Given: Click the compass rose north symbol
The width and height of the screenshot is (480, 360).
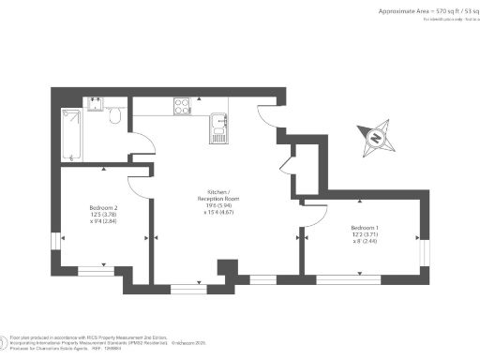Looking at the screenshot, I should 376,139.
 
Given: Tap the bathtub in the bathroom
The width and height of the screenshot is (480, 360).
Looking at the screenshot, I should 72,133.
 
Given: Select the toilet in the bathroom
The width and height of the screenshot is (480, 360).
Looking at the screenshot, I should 113,117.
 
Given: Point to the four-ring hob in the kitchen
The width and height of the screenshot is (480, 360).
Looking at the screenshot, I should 183,105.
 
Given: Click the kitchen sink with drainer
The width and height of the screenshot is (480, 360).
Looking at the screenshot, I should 218,126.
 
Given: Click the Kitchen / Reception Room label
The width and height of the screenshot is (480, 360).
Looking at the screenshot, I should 218,196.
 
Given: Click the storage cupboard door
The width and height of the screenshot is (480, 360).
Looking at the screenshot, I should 286,167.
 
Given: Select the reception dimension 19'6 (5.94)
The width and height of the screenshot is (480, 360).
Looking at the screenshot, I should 218,206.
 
